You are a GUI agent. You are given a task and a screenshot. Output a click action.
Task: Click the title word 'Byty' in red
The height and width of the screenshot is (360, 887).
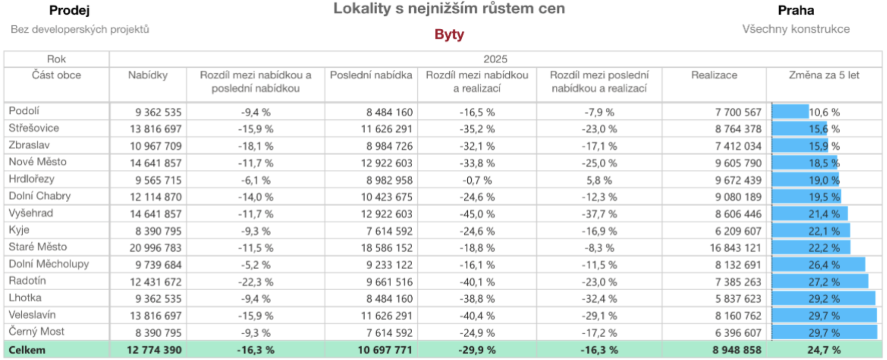449,34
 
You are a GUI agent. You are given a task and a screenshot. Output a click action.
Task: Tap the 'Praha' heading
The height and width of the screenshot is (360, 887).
795,10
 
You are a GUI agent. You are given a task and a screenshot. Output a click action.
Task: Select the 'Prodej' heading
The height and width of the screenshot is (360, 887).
69,10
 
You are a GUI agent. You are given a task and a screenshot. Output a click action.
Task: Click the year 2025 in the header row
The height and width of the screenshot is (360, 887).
495,59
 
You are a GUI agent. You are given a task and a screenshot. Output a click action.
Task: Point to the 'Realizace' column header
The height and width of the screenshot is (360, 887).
714,75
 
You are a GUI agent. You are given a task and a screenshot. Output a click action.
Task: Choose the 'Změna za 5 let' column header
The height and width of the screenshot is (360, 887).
824,75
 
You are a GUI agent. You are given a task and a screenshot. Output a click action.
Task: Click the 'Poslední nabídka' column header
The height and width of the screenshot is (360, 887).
371,75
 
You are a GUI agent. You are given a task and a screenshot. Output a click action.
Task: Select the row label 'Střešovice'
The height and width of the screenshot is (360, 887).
34,128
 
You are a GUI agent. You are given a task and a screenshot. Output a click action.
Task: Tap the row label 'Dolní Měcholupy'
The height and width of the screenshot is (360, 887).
49,264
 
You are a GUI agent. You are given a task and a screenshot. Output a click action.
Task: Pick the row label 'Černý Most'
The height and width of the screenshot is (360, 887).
36,332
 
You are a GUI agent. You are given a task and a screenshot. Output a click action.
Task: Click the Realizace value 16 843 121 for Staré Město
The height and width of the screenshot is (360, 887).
735,248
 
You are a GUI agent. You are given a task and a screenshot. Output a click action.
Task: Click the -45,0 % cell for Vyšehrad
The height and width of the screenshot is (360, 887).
477,214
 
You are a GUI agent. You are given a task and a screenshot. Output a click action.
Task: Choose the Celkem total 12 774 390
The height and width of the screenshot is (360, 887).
154,350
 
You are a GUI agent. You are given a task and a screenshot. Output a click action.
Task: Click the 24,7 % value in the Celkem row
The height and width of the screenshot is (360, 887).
824,350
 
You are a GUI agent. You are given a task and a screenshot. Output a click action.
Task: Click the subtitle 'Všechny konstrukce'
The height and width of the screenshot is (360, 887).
795,29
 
